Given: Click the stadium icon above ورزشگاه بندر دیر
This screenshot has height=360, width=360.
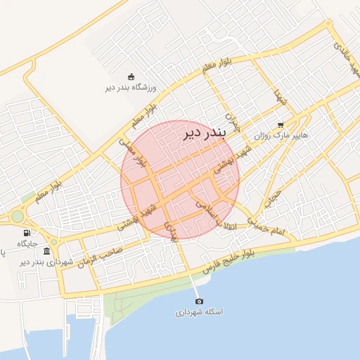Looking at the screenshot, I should pyautogui.click(x=130, y=77).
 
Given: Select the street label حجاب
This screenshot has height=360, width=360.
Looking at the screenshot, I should pyautogui.click(x=272, y=199).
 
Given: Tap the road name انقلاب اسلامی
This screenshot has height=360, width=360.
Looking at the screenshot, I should pyautogui.click(x=217, y=214).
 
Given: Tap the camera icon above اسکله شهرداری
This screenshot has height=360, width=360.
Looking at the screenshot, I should pyautogui.click(x=198, y=301).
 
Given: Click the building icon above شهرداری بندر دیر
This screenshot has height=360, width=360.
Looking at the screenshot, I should pyautogui.click(x=46, y=251).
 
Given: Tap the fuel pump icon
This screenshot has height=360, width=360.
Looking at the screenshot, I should pyautogui.click(x=27, y=233).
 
